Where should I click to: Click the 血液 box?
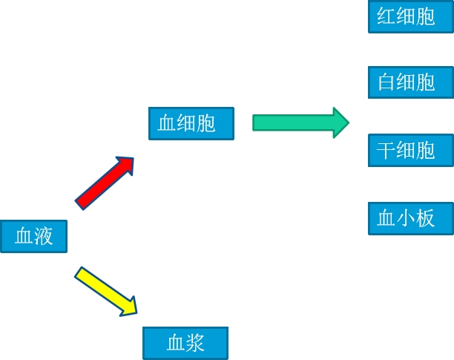coord(33,237)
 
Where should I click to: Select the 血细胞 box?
coord(191,123)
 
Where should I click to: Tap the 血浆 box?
coord(185,343)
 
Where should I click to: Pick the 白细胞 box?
coord(410,82)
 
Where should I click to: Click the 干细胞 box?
coord(410,151)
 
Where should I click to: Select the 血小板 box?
coord(410,218)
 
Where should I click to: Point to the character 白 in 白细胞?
coord(387,82)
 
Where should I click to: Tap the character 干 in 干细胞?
coord(387,151)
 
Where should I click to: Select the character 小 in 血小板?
coord(407,218)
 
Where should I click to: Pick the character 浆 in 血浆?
coord(196,343)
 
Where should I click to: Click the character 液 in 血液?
coord(44,237)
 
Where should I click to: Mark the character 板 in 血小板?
coord(426,218)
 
